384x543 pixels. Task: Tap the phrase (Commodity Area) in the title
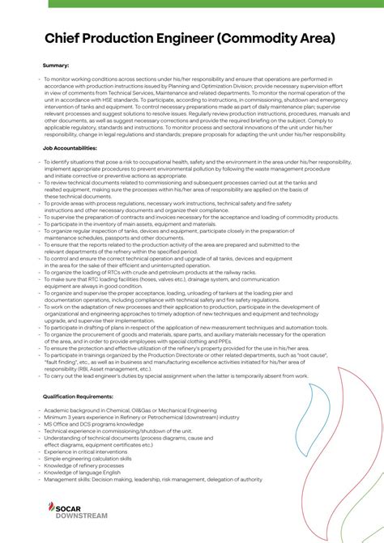[x=276, y=38]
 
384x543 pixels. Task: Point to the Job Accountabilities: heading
[x=70, y=149]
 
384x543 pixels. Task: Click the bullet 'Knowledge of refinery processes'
[x=84, y=465]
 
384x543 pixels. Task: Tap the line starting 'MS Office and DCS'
[x=93, y=424]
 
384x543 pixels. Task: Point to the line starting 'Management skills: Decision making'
[x=152, y=479]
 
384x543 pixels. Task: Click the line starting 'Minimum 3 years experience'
[x=141, y=417]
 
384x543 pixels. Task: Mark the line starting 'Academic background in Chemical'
[x=136, y=410]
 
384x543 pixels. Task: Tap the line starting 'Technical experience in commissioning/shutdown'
[x=130, y=431]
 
